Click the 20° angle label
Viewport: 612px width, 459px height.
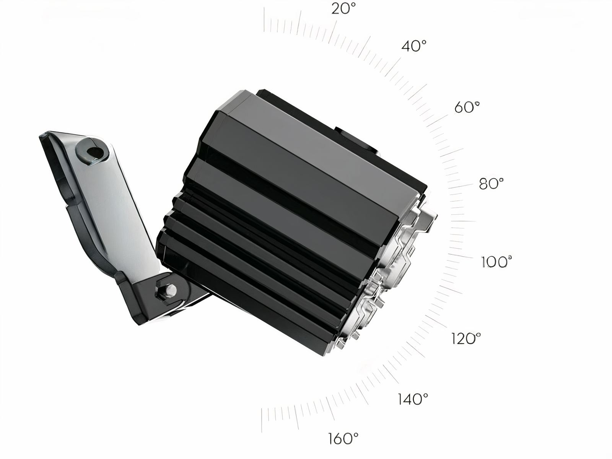coord(343,8)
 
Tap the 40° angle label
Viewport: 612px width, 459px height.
coord(413,46)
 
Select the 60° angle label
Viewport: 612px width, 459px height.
coord(467,107)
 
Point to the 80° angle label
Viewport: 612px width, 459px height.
coord(491,184)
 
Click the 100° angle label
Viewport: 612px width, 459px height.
coord(496,262)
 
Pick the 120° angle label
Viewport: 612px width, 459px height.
coord(466,339)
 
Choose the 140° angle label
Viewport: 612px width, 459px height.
coord(413,399)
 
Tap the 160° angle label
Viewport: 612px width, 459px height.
coord(343,438)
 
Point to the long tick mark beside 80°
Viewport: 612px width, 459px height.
coord(461,187)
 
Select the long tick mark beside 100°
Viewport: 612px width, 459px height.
coord(463,256)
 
